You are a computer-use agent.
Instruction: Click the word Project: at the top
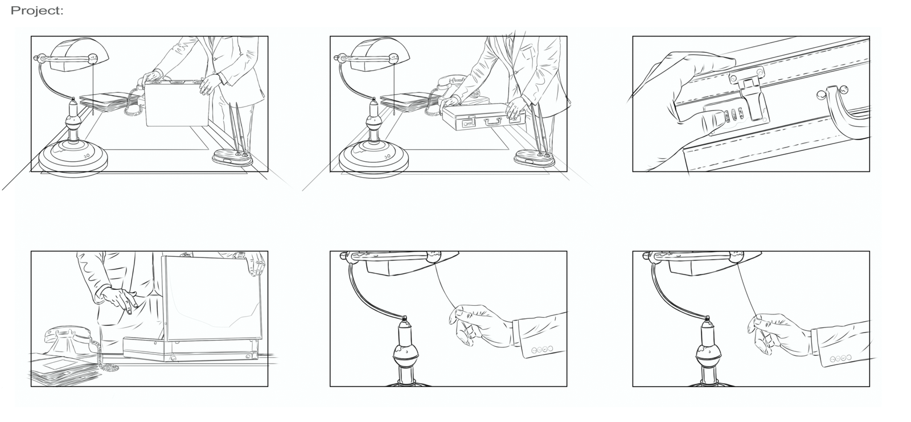[x=37, y=11]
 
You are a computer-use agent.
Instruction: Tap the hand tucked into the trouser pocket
[x=118, y=300]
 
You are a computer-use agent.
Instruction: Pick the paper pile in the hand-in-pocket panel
[x=65, y=369]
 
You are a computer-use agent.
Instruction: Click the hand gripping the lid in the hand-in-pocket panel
[x=256, y=264]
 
